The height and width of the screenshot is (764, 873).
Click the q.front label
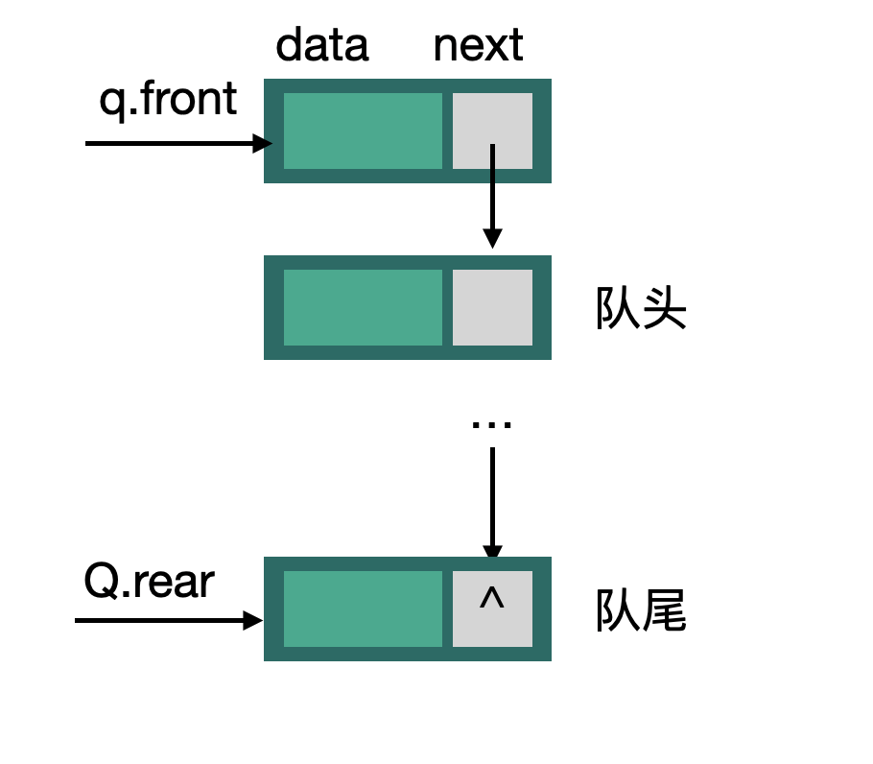[x=168, y=99]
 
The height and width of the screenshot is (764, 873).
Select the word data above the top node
[x=322, y=45]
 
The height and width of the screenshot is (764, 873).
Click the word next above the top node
[x=478, y=45]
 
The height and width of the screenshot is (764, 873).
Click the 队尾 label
[x=641, y=611]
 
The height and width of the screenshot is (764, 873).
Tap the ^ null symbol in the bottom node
[x=492, y=600]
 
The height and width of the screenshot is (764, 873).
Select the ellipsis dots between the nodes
[x=492, y=423]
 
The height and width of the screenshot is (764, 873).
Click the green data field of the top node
[x=363, y=131]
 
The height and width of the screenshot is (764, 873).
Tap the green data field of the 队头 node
[x=363, y=307]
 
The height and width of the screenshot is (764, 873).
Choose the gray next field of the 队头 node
[x=492, y=307]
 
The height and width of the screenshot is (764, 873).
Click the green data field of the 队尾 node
[x=363, y=609]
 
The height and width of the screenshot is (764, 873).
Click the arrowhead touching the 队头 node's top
[x=492, y=238]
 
